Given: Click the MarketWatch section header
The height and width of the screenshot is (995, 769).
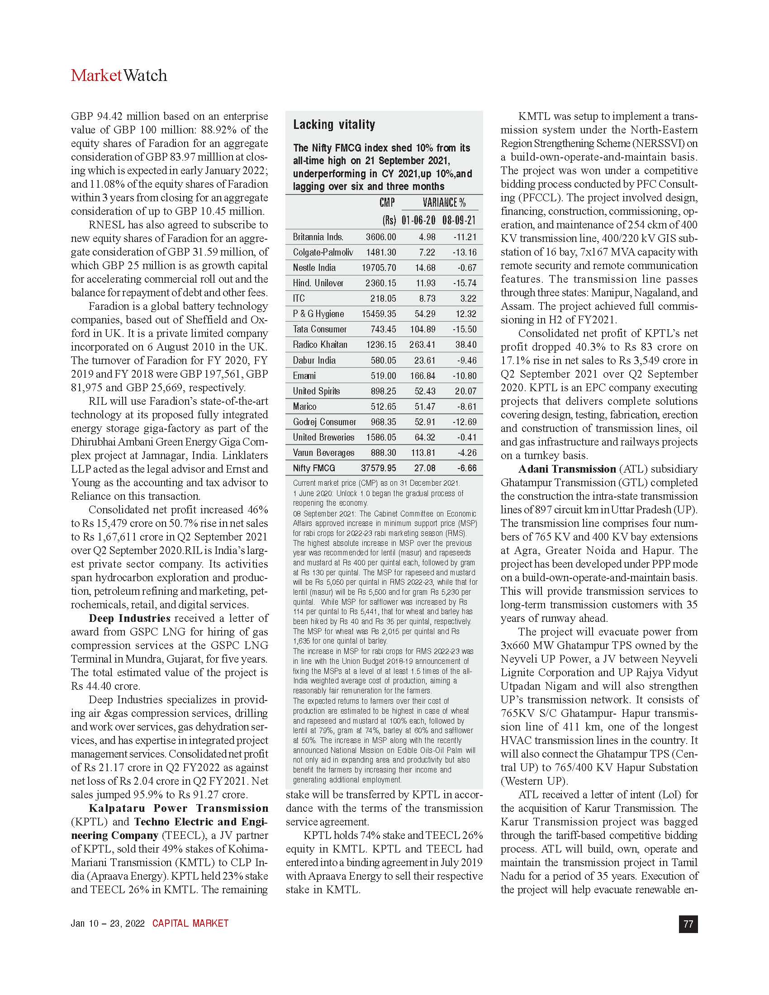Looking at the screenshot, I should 119,76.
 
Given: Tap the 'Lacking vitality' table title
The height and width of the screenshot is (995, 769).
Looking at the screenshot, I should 334,125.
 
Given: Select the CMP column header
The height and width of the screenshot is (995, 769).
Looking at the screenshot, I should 387,203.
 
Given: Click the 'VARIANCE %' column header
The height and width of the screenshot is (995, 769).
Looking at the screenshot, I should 444,203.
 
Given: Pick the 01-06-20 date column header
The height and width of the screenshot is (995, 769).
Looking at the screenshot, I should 418,221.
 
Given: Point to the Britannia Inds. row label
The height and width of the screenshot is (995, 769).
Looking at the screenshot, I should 318,237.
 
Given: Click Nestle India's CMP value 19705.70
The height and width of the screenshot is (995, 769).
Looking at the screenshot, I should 379,268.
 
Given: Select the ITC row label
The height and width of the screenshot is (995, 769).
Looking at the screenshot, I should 299,298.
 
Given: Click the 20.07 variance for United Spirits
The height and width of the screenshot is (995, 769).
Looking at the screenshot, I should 465,391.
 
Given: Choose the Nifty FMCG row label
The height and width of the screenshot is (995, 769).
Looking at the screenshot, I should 314,468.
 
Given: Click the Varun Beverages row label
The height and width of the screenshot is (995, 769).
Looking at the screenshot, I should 323,452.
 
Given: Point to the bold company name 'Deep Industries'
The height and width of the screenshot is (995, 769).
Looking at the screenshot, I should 129,618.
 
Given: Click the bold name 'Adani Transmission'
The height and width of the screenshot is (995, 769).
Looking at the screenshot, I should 567,469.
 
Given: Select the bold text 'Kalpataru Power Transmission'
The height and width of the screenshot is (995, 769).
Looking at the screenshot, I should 178,808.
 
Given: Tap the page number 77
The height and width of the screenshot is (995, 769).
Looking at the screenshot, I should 688,924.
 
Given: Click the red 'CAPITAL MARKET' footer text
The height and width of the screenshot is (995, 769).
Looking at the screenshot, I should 190,924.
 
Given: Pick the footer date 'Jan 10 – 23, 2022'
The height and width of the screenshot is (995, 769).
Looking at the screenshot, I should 108,924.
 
